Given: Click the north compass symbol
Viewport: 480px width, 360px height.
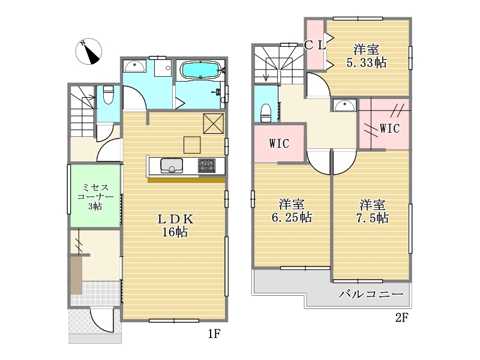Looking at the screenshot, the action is click(x=89, y=52).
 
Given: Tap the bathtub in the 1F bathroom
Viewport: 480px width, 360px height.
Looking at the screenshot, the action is click(x=200, y=70).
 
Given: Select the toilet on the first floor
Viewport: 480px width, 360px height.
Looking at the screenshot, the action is click(x=108, y=94).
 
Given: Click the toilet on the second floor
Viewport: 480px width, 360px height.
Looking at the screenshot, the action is click(x=266, y=113).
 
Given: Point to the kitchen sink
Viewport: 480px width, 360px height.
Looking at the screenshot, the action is click(x=172, y=166).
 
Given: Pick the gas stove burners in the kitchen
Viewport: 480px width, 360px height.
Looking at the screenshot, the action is click(x=206, y=166).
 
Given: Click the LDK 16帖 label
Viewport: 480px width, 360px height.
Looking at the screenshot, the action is click(x=175, y=226).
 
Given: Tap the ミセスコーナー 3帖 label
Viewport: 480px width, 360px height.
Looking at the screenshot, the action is click(x=95, y=196).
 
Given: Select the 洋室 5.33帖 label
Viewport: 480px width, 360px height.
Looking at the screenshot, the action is click(x=366, y=56).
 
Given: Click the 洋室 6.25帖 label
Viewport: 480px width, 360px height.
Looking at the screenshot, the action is click(x=292, y=211).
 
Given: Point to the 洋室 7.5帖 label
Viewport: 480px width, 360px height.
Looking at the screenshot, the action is click(x=372, y=211).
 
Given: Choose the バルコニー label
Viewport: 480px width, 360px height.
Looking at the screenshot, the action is click(x=371, y=295).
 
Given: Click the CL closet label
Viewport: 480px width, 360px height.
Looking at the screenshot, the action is click(x=314, y=46).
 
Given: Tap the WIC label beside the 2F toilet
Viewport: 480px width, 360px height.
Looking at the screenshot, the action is click(x=279, y=143).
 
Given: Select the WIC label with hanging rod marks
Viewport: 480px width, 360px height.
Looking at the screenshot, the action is click(x=389, y=128).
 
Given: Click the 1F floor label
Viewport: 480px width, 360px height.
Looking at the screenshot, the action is click(x=214, y=334).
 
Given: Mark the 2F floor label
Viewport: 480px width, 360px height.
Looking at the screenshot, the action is click(x=401, y=318).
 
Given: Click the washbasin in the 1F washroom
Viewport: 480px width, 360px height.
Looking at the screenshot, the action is click(x=134, y=66).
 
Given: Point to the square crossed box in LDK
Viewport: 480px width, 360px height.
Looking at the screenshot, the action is click(x=214, y=124).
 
